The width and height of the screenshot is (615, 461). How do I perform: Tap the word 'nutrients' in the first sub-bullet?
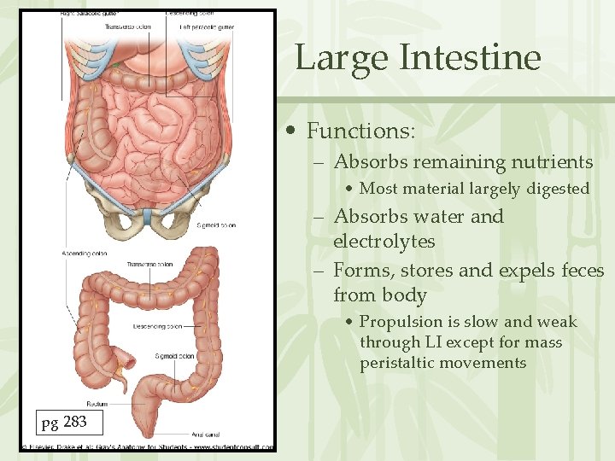[551, 162]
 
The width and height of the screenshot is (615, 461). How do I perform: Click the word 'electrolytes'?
[384, 242]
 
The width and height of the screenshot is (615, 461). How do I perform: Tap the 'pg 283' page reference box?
[64, 421]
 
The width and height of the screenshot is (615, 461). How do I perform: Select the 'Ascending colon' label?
[84, 254]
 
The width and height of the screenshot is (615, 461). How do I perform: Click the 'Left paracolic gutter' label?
[207, 26]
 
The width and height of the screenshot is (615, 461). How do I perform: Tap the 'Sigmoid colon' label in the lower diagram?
[175, 356]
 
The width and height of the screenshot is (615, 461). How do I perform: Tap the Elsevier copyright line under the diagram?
[147, 446]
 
